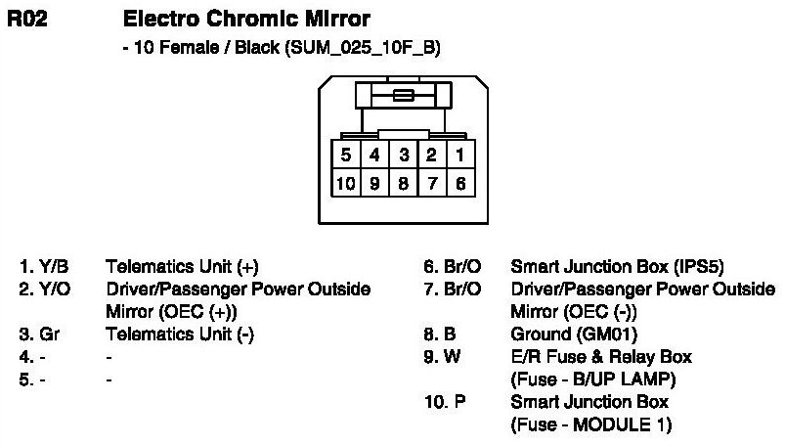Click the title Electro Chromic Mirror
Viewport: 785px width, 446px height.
246,19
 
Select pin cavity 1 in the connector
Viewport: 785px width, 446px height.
458,155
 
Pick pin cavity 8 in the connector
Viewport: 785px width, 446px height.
403,182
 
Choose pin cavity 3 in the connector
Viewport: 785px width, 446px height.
403,155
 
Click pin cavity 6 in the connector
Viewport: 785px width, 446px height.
458,182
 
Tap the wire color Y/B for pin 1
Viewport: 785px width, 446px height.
55,266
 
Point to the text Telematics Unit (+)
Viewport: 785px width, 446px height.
182,266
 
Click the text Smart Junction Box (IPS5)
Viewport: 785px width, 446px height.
618,266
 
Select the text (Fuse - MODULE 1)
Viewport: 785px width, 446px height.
590,424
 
